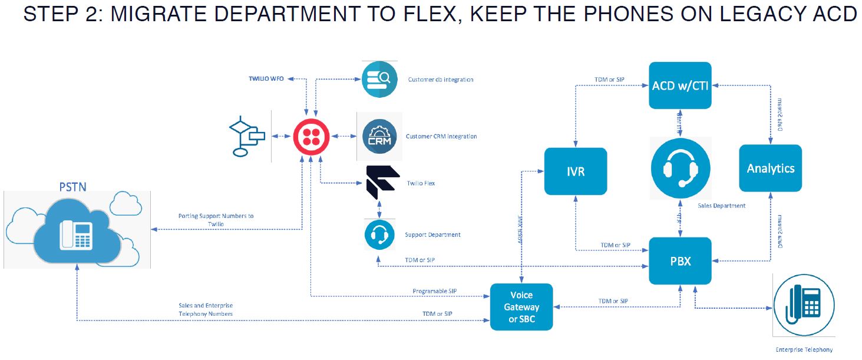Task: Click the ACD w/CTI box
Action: coord(680,85)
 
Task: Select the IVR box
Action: coord(576,171)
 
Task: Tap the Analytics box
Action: coord(770,169)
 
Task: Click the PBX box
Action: coord(680,261)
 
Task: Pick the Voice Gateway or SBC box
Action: coord(521,307)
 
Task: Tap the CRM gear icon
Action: coord(379,137)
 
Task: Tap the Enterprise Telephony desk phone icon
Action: coord(804,305)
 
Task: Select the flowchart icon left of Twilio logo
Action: coord(247,137)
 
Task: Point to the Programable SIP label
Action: coord(435,291)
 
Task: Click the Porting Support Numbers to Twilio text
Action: coord(216,220)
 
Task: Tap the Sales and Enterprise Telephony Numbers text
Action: coord(206,309)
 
